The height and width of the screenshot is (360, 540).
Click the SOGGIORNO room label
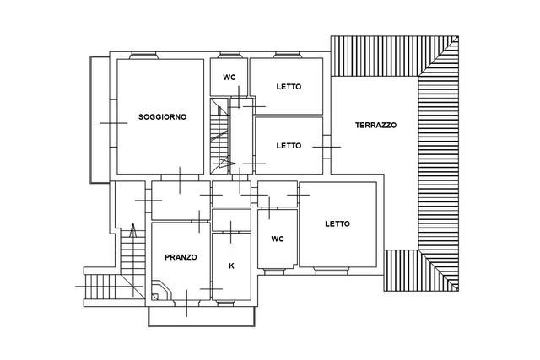click(162, 117)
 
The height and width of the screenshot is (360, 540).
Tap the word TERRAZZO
click(375, 126)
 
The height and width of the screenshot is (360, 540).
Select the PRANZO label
click(181, 257)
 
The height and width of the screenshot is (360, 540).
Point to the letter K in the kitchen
click(231, 266)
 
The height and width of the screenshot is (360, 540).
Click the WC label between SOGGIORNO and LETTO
click(229, 78)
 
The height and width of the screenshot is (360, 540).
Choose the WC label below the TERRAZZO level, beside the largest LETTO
click(278, 239)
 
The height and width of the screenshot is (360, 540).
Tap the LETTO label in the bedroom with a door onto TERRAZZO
click(289, 146)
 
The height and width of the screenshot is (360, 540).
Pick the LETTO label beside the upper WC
click(289, 87)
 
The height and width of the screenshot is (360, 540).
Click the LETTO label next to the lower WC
click(337, 224)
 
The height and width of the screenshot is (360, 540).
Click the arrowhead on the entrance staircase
click(133, 230)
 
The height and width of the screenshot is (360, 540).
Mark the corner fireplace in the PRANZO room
click(161, 290)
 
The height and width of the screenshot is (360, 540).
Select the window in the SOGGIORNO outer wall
click(143, 56)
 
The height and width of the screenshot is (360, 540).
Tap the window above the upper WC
click(229, 56)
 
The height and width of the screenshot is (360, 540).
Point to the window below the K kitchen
click(225, 303)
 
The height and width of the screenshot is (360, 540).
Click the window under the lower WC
click(274, 271)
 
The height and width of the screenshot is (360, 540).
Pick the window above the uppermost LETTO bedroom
click(287, 56)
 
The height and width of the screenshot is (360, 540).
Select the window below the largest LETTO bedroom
click(332, 271)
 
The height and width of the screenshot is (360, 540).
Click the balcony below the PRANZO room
click(202, 317)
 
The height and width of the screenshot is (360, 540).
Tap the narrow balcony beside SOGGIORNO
click(100, 120)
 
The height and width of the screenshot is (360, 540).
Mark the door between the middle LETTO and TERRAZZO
click(327, 147)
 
